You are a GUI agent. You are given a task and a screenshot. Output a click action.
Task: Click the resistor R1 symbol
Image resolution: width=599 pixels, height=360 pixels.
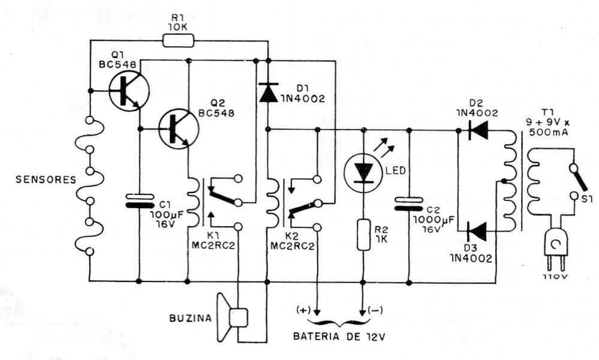coord(178,41)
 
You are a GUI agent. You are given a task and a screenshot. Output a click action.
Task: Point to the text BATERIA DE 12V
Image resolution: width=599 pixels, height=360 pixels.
coord(338,337)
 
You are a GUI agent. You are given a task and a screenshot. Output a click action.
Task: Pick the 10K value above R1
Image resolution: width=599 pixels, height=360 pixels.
coord(178,27)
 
